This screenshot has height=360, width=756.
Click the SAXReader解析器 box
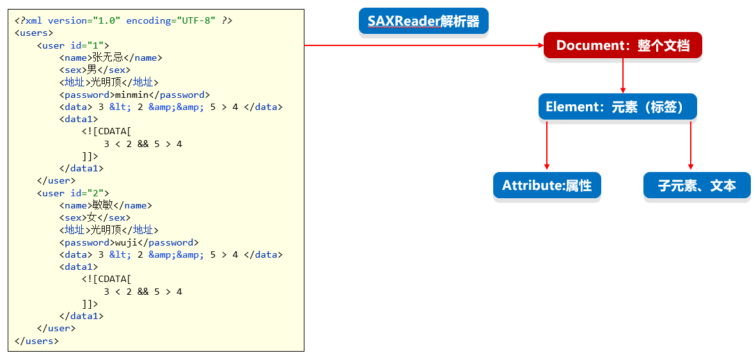(x=423, y=20)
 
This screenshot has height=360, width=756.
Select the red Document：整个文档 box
(x=622, y=45)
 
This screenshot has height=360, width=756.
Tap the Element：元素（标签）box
(x=618, y=107)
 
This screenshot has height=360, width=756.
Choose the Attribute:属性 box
(x=547, y=185)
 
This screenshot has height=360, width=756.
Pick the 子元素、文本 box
(x=697, y=185)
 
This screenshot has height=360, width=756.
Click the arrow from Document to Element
(x=622, y=75)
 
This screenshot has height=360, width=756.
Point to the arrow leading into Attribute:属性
(x=547, y=145)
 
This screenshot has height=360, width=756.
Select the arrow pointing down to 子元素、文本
(x=691, y=145)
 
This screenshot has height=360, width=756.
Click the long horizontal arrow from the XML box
(x=424, y=45)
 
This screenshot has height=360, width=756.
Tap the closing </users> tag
(x=36, y=341)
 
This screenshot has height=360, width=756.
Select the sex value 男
(x=92, y=70)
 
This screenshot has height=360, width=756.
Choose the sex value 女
(x=92, y=218)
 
